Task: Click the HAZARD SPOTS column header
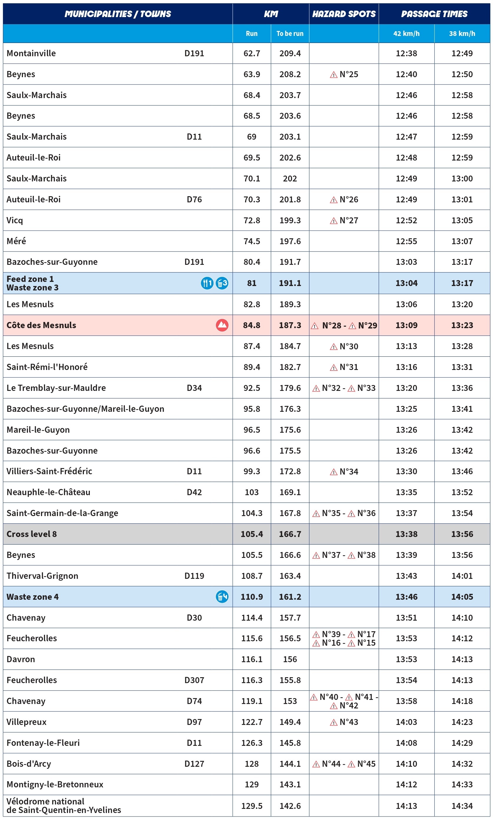344,14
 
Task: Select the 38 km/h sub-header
462,34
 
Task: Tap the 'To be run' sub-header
289,34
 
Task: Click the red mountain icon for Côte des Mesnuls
222,325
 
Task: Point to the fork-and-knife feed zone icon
207,283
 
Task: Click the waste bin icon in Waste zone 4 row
222,596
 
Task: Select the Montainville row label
31,53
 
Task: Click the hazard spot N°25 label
344,74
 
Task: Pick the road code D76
194,199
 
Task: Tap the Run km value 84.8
251,325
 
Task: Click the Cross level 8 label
32,534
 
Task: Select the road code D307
194,680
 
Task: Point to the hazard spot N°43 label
344,722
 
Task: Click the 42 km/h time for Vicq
406,220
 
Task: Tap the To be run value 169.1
290,492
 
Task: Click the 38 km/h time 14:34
462,806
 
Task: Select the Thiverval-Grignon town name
42,576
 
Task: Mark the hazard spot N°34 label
344,471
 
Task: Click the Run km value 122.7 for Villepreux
251,722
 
